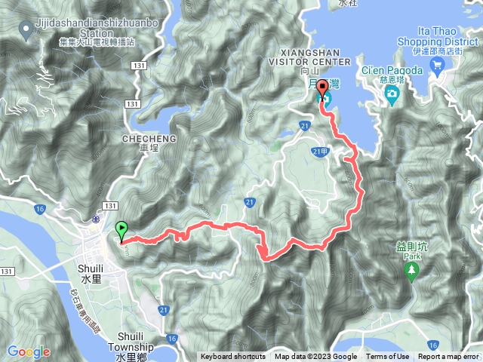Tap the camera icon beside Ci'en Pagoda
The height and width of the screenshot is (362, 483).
(x=392, y=94)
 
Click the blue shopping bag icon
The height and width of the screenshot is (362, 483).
(x=437, y=66)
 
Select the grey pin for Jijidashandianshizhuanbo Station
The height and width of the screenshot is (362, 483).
(x=26, y=31)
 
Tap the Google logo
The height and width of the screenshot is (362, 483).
(x=29, y=351)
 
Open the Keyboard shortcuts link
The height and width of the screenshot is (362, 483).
(x=233, y=357)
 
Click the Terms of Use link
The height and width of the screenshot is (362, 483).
(x=388, y=357)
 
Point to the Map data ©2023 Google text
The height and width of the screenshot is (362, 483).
(x=315, y=357)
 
